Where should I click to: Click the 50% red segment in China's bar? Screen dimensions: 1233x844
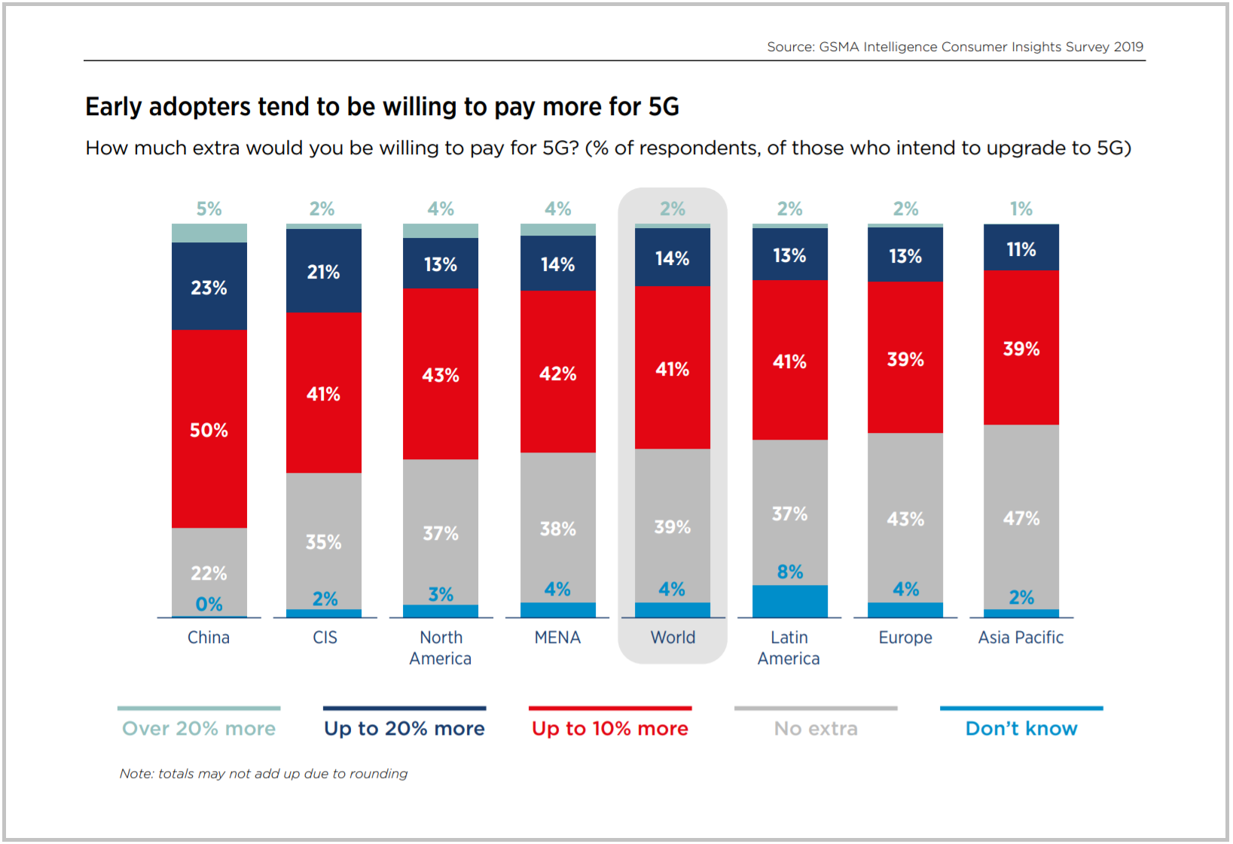pyautogui.click(x=209, y=429)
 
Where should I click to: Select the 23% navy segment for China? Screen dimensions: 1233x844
pyautogui.click(x=209, y=286)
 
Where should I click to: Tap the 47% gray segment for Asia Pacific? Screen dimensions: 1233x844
pyautogui.click(x=1021, y=517)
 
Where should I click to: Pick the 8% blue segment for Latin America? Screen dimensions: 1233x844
pyautogui.click(x=790, y=601)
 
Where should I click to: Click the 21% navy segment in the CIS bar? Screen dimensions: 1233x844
pyautogui.click(x=324, y=271)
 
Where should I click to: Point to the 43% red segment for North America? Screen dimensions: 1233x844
pyautogui.click(x=441, y=374)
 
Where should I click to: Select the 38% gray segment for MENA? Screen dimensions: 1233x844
pyautogui.click(x=558, y=528)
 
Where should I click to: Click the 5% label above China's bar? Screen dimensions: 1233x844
pyautogui.click(x=209, y=209)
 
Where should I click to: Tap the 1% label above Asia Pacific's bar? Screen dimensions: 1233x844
pyautogui.click(x=1021, y=209)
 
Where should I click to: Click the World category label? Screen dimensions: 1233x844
pyautogui.click(x=673, y=637)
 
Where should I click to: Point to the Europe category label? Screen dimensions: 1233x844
pyautogui.click(x=905, y=637)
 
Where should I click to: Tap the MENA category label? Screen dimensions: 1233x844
pyautogui.click(x=557, y=637)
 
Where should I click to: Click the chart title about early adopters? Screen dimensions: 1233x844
pyautogui.click(x=382, y=107)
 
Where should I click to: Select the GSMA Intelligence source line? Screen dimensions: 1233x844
pyautogui.click(x=955, y=47)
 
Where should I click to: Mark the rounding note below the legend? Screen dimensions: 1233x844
pyautogui.click(x=264, y=773)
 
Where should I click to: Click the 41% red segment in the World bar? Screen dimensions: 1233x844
pyautogui.click(x=673, y=367)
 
